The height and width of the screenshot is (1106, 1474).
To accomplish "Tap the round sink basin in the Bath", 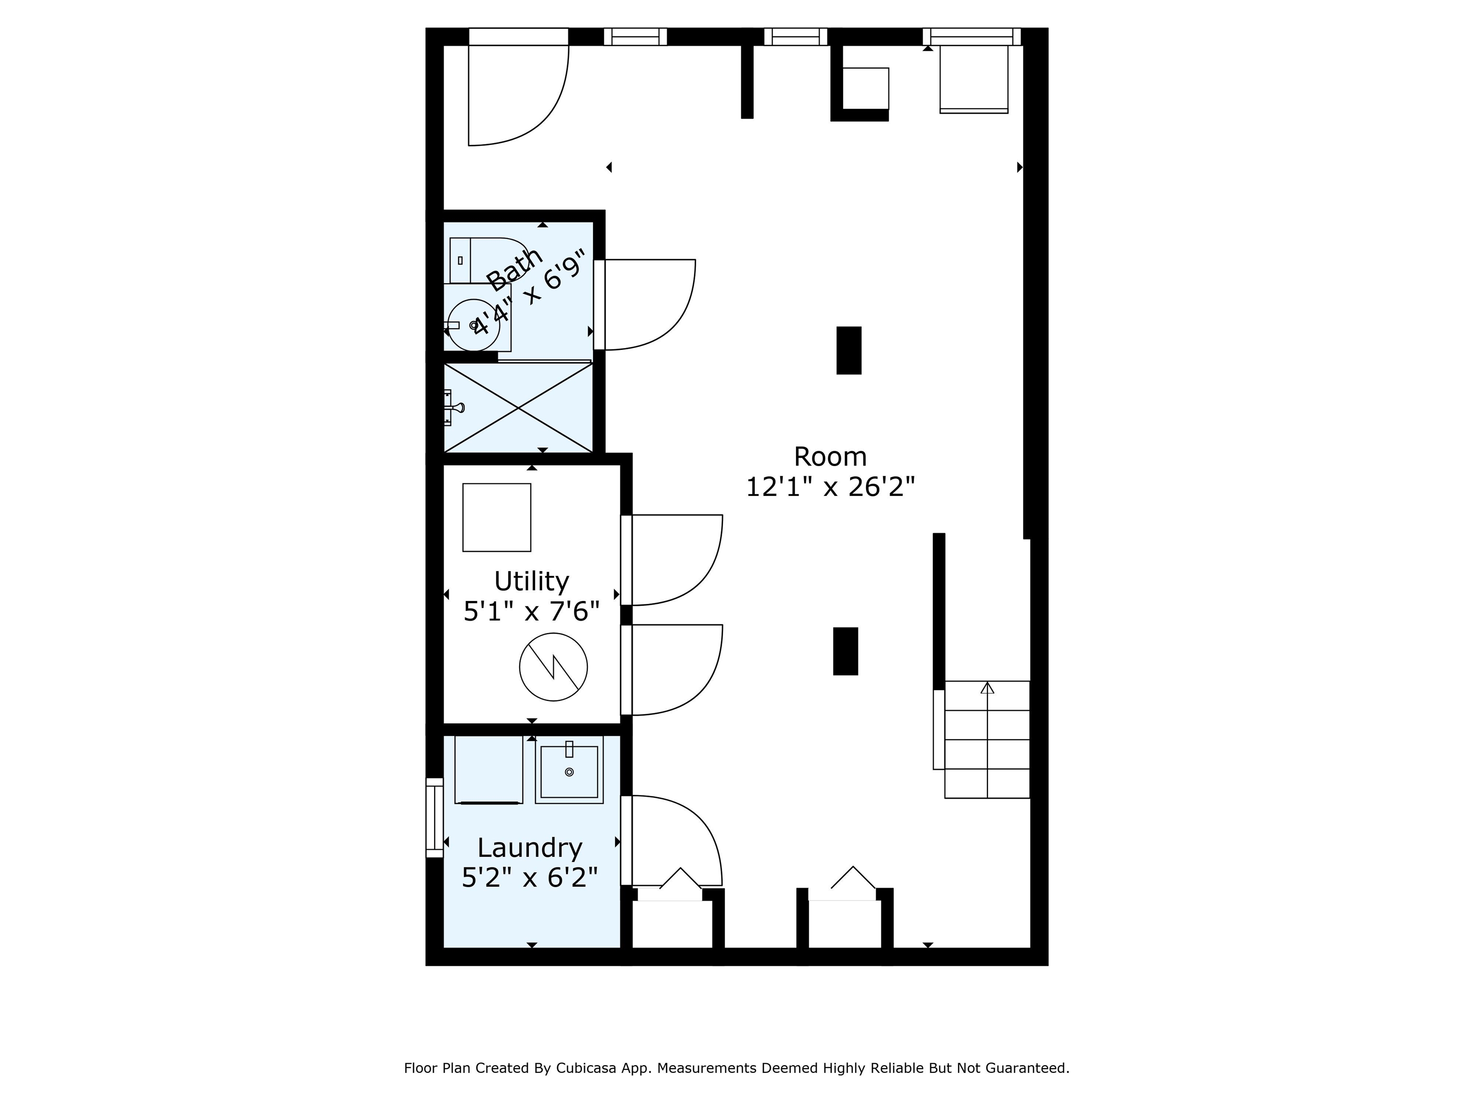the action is click(x=474, y=325).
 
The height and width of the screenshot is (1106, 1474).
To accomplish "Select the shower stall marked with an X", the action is click(x=518, y=408).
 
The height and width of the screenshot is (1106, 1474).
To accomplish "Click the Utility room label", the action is click(x=532, y=581).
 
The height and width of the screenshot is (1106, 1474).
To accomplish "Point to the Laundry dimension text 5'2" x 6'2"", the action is click(x=530, y=877).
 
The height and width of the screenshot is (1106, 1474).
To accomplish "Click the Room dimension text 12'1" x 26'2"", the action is click(x=830, y=487).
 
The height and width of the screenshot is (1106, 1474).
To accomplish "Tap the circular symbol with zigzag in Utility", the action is click(x=553, y=667).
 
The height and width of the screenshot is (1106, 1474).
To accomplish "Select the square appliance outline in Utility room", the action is click(x=497, y=517).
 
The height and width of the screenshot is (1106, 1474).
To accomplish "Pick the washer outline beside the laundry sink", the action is click(x=488, y=770).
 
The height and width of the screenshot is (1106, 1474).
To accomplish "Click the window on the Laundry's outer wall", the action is click(x=434, y=817).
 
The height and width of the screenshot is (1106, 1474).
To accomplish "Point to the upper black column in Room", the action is click(x=849, y=350).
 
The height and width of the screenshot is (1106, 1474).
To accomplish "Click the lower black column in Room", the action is click(x=845, y=651).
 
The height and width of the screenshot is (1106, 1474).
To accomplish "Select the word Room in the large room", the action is click(x=830, y=457).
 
